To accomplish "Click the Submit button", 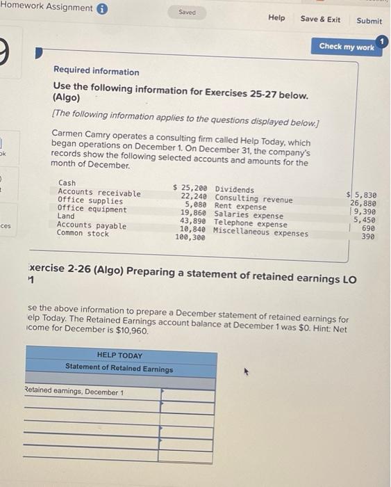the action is (369, 20).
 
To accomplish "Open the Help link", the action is (276, 18).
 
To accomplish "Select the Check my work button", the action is (347, 47).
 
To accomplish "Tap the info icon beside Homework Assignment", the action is (102, 8).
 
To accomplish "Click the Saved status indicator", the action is (187, 12).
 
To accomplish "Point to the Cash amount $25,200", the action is (190, 189).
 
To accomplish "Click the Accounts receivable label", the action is (99, 193).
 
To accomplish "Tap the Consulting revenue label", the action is (253, 199).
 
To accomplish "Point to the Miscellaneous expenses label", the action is (260, 232).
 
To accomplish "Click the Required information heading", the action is (96, 72).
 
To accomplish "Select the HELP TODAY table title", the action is (119, 355).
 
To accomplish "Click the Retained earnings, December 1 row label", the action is (74, 392).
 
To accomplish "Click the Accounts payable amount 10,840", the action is (192, 229).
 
